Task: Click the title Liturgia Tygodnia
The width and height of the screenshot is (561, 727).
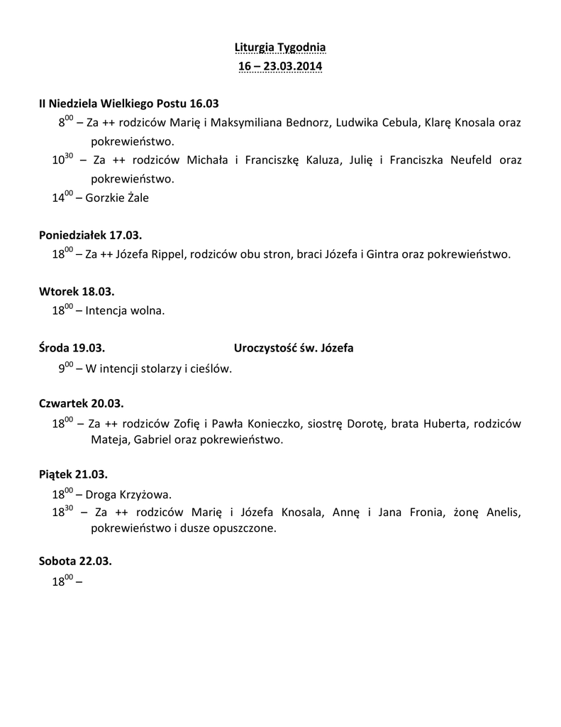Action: coord(280,48)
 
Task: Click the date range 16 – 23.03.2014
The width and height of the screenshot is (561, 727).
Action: coord(280,67)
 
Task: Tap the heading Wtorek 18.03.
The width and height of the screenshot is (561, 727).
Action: coord(77,291)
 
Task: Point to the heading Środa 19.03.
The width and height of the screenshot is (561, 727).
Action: coord(72,348)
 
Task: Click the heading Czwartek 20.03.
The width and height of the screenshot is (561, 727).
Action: coord(81,404)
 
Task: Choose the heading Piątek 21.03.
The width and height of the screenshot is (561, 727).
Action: coord(73,474)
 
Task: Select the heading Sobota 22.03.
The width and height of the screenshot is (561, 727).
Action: coord(75,561)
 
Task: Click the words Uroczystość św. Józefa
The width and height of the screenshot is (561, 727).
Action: coord(294,348)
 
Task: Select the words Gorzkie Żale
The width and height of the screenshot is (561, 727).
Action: coord(117,198)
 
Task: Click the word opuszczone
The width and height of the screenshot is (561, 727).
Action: coord(243,529)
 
